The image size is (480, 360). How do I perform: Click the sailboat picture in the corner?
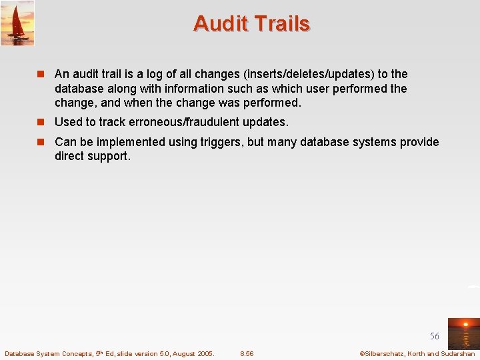(x=17, y=23)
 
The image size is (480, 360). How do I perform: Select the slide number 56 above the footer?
(x=435, y=337)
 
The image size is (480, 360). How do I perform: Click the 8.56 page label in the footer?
(x=247, y=353)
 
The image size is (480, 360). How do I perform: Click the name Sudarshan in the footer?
(x=458, y=353)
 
